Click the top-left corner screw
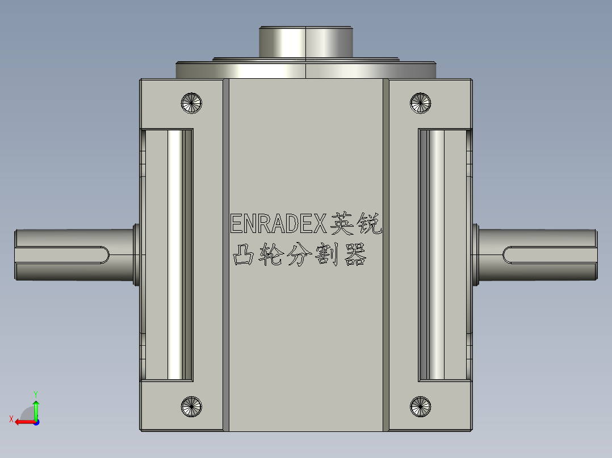[191, 103]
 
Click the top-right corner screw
[421, 102]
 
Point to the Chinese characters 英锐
[357, 224]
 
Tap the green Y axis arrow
[36, 407]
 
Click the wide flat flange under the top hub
[306, 70]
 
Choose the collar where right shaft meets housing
[476, 255]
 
